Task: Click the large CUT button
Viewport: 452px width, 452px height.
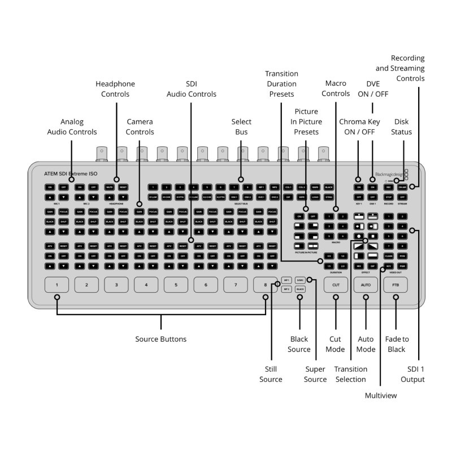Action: tap(336, 285)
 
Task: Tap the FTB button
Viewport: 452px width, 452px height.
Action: tap(395, 285)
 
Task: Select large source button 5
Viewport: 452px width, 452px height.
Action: tap(176, 285)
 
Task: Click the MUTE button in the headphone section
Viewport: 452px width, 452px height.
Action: tap(110, 186)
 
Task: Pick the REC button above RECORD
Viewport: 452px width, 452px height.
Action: tap(388, 186)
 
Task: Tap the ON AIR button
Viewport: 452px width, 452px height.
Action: tap(402, 186)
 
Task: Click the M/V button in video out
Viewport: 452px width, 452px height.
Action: tap(388, 266)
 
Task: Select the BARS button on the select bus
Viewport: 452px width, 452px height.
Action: tap(315, 186)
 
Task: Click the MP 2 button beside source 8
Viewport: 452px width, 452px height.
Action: tap(286, 289)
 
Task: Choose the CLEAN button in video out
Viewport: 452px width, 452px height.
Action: tap(388, 256)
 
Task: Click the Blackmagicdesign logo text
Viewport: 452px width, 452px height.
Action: tap(389, 175)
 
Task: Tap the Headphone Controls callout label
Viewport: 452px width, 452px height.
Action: tap(115, 89)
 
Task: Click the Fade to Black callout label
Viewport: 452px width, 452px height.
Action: tap(396, 344)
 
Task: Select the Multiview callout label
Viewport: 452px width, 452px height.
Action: tap(381, 395)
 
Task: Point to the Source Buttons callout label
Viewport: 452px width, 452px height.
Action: tap(160, 339)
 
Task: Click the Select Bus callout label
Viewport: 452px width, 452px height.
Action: tap(241, 127)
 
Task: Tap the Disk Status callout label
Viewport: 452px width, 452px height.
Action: tap(403, 127)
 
